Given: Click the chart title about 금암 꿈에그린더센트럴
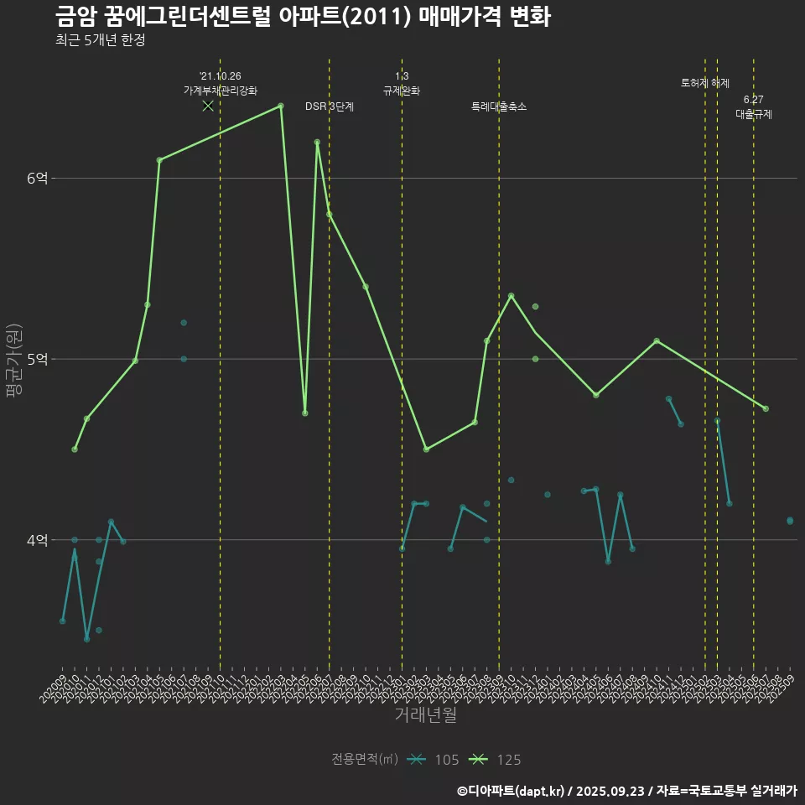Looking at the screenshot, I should point(302,17).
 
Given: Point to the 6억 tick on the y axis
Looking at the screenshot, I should point(38,178).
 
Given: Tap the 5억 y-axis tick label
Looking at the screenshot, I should point(38,359).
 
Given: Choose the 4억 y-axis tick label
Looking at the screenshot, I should point(38,540).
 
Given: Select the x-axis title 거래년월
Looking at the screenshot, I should point(425,715).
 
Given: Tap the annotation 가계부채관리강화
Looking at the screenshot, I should point(220,91).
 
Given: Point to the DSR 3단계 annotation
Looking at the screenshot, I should point(329,106).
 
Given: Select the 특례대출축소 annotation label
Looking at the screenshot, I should point(499,106).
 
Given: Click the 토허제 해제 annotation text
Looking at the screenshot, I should point(704,83).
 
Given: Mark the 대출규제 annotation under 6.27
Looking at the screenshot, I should point(753,114).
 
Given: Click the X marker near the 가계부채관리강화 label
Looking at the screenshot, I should point(208,106).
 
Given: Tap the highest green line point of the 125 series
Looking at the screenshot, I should point(280,106).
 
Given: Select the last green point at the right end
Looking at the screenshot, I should point(766,408).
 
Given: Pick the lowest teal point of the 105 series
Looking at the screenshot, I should point(86,639).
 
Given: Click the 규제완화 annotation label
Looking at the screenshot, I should point(402,91).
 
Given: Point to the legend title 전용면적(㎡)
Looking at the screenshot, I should point(365,760).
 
